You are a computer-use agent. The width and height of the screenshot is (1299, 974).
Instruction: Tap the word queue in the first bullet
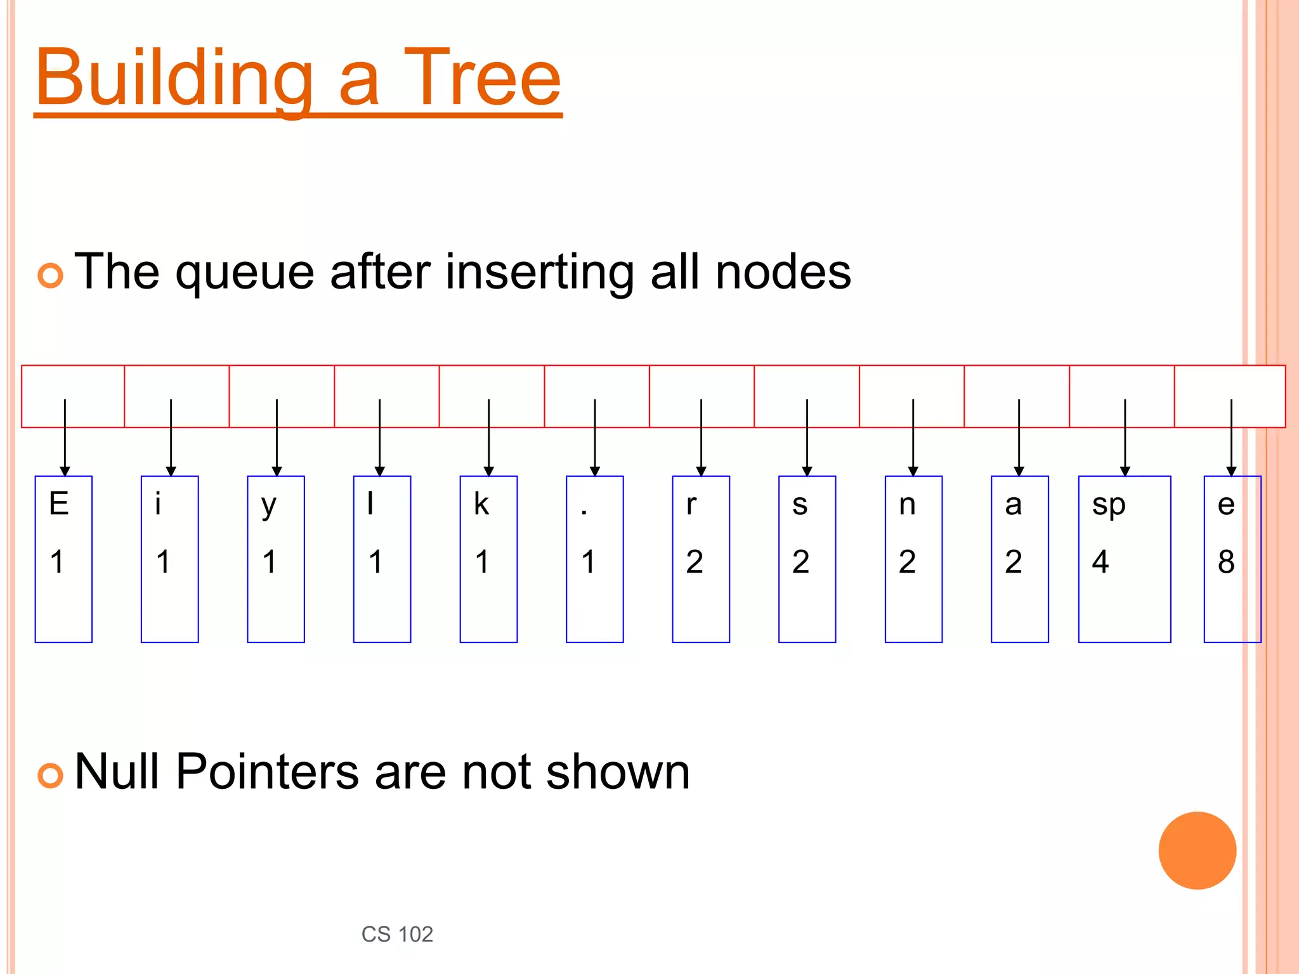click(x=245, y=273)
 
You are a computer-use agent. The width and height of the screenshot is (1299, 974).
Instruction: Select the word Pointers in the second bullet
click(x=267, y=772)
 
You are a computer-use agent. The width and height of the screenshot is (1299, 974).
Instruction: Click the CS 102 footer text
click(x=397, y=934)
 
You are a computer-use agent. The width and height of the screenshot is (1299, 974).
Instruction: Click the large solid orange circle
click(x=1197, y=850)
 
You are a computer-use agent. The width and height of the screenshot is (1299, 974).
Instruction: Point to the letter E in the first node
click(x=59, y=505)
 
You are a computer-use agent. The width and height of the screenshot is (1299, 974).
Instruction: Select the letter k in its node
click(x=481, y=505)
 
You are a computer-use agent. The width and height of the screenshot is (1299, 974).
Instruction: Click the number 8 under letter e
click(x=1226, y=562)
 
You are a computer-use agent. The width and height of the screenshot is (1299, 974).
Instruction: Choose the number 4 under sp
click(x=1100, y=562)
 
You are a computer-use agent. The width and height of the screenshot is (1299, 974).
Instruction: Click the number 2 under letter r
click(x=695, y=562)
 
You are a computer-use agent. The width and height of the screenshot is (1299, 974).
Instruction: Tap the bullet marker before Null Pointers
click(x=51, y=776)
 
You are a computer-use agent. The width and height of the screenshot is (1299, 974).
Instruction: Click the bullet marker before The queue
click(x=51, y=275)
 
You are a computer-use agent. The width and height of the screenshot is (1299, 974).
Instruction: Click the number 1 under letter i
click(x=163, y=562)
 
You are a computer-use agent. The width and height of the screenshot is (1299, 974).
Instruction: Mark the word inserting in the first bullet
click(x=540, y=273)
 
